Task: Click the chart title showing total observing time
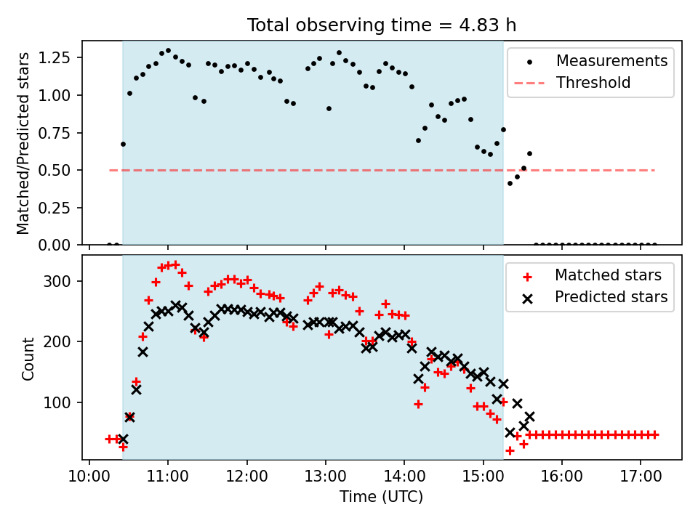[382, 25]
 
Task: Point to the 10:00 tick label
[89, 477]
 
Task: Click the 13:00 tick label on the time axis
[326, 477]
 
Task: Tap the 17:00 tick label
[641, 477]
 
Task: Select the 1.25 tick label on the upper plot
[55, 58]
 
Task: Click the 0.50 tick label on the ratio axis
[55, 170]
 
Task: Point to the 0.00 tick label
[55, 245]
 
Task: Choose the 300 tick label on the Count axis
[57, 282]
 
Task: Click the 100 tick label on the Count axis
[57, 402]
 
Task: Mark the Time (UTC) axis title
[382, 496]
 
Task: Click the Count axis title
[28, 358]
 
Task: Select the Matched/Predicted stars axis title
[23, 143]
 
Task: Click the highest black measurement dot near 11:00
[168, 51]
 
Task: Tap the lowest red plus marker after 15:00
[510, 451]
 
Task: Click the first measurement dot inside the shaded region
[124, 144]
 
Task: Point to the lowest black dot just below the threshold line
[510, 183]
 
